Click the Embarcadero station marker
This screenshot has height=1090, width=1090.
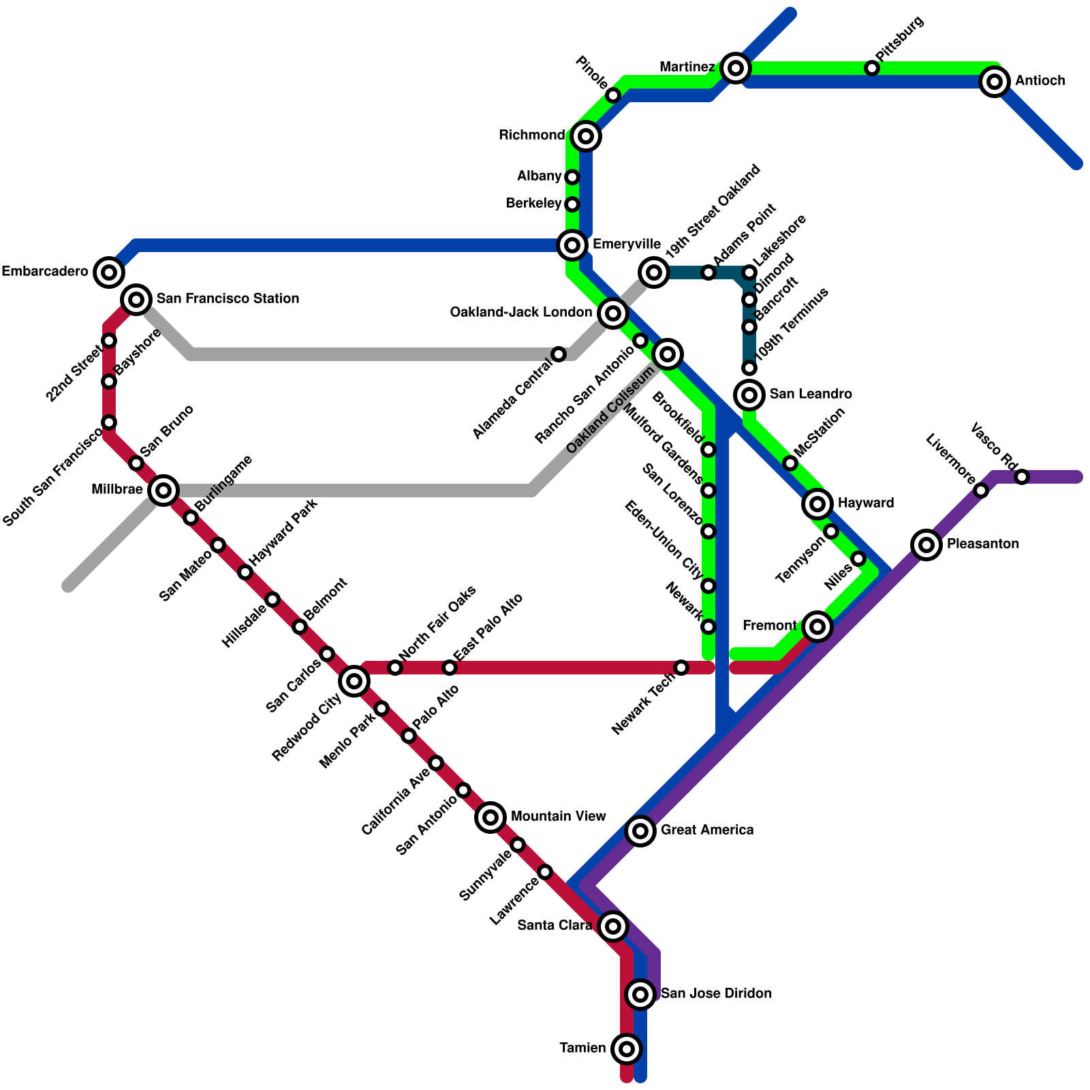pos(109,272)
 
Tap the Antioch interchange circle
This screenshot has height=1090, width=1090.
pos(995,82)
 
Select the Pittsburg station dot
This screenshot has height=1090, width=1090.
pos(872,68)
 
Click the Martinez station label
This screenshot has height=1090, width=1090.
pos(687,67)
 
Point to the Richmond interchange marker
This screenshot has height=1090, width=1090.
pos(586,136)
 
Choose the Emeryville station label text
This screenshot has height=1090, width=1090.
pos(626,245)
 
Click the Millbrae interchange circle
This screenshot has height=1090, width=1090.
pos(163,490)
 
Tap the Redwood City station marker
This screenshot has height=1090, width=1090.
pos(354,681)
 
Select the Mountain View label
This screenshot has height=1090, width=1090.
pos(558,817)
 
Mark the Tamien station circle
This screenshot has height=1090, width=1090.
pos(627,1048)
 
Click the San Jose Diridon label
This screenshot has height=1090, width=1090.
pos(716,994)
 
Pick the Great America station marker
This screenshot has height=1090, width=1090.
pos(640,830)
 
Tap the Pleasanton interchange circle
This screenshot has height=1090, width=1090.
pos(926,544)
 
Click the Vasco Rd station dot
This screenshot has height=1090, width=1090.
pos(1022,477)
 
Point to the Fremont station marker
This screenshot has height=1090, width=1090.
pos(817,626)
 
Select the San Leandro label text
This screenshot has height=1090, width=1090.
pos(811,394)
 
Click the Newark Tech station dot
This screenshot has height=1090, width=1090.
pos(681,668)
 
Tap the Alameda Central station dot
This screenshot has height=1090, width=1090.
pos(559,354)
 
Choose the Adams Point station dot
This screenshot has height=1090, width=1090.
pos(708,272)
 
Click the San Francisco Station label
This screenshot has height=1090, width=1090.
pos(228,299)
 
